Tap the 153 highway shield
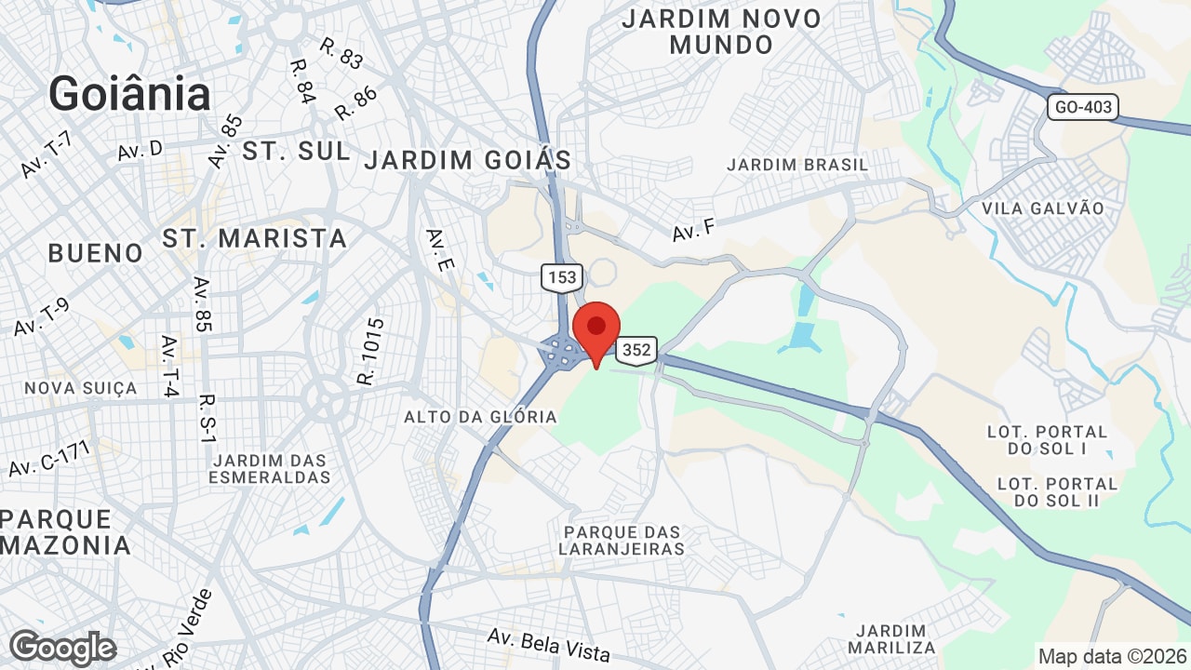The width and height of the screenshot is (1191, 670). (x=563, y=276)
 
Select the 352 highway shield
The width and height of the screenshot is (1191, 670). (x=636, y=350)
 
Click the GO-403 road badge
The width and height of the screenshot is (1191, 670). (x=1082, y=107)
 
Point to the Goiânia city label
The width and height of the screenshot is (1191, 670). (x=129, y=94)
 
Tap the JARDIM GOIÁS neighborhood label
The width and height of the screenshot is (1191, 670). (x=467, y=160)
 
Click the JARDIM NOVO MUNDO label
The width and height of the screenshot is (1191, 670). (x=721, y=32)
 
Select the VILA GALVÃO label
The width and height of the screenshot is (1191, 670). (x=1043, y=208)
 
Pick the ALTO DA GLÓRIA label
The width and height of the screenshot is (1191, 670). (x=480, y=417)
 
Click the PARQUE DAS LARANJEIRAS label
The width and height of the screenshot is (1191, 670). (x=622, y=540)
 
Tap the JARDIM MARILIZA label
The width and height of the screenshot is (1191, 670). (x=891, y=638)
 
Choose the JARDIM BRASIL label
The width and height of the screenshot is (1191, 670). (x=797, y=165)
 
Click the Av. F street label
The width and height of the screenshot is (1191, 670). (x=693, y=229)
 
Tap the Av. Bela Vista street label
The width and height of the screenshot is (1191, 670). (x=549, y=644)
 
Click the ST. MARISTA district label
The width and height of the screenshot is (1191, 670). (x=255, y=238)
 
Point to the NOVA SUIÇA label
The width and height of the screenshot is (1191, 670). (x=81, y=388)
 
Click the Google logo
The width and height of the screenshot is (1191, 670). (x=62, y=648)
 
